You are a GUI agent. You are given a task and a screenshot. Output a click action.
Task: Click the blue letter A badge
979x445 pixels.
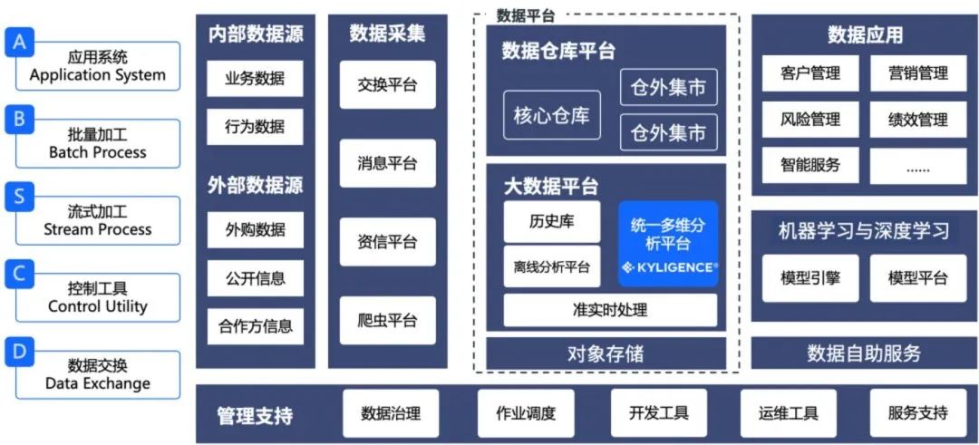click(19, 43)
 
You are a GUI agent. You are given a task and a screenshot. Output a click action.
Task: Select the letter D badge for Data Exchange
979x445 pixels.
click(19, 351)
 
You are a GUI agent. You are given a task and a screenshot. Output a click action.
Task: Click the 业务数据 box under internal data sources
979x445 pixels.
click(255, 79)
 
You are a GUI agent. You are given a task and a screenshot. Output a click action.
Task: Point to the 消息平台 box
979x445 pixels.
click(387, 163)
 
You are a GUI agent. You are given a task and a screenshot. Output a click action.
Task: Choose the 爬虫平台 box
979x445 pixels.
click(387, 320)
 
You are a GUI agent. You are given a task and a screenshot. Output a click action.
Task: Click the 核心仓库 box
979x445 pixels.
click(551, 115)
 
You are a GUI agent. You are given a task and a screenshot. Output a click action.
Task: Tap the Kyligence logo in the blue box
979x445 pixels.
click(668, 267)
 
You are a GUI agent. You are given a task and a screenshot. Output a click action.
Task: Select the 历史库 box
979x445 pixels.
click(551, 221)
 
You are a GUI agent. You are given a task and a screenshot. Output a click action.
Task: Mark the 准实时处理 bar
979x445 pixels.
click(609, 310)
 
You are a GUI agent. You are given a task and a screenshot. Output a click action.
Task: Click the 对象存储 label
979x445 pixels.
click(606, 353)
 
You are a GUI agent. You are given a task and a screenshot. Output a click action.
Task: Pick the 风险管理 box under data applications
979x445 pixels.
click(810, 119)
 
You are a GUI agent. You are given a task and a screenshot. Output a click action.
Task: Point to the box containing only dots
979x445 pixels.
click(917, 166)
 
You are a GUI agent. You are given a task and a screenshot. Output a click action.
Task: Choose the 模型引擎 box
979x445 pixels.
click(810, 278)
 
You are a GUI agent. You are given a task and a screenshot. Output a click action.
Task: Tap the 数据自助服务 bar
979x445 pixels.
click(864, 353)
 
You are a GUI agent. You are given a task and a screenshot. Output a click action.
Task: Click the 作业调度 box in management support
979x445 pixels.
click(526, 414)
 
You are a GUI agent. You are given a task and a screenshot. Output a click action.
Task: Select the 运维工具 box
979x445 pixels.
click(788, 414)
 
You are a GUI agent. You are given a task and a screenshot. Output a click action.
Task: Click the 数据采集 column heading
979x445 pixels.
click(387, 34)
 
